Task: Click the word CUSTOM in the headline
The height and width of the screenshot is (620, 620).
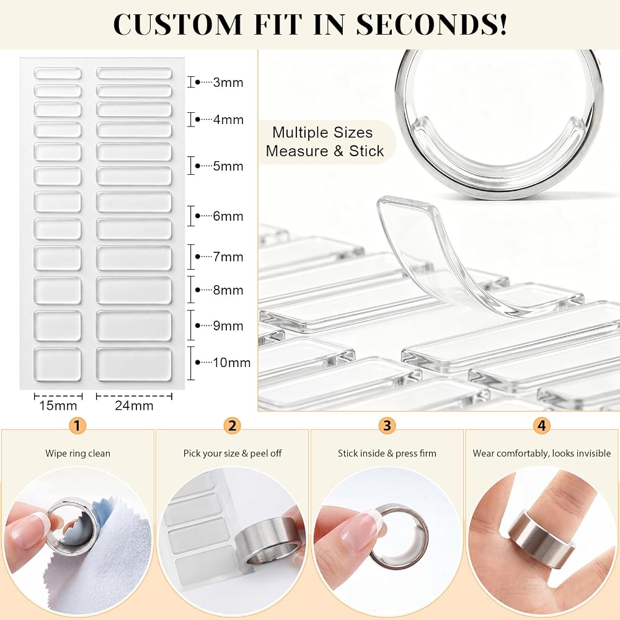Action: coord(177,24)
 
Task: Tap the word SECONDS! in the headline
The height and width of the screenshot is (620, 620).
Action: coord(432,24)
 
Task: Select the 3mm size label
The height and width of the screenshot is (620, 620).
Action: coord(228,82)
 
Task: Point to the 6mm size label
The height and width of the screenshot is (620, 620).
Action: coord(228,216)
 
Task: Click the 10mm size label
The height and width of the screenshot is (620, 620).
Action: coord(232,362)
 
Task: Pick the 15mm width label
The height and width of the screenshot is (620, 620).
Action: coord(58,405)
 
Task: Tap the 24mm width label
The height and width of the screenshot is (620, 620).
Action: coord(134,405)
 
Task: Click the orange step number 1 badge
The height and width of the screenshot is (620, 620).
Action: coord(77,425)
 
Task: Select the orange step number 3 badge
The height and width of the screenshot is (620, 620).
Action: coord(387,425)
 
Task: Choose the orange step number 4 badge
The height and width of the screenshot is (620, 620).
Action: coord(542,425)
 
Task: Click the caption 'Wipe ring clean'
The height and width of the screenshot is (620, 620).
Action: coord(77,453)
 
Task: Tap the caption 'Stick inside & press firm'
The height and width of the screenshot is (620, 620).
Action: coord(387,453)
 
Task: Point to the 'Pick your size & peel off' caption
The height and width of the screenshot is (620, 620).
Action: coord(232,453)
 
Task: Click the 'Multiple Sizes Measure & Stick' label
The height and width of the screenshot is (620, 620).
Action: coord(324,141)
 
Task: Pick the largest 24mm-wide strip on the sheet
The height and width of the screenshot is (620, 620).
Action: coord(134,365)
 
